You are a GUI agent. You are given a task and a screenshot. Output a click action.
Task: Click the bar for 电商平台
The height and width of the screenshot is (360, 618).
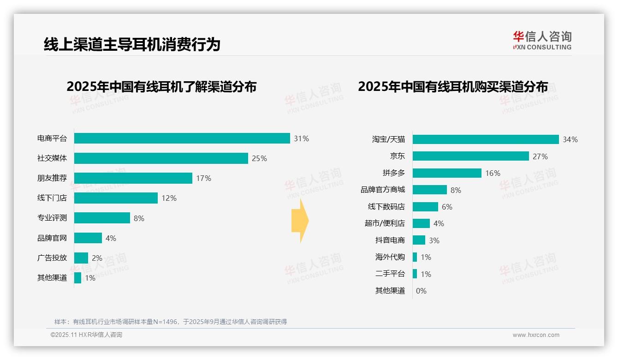click(182, 138)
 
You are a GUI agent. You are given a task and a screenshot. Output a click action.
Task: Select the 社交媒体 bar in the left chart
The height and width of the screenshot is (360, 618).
click(161, 158)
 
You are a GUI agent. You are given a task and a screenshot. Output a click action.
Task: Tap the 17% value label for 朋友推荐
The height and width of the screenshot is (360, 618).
click(203, 178)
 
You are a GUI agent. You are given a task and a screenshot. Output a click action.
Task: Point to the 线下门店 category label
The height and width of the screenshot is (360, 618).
click(52, 198)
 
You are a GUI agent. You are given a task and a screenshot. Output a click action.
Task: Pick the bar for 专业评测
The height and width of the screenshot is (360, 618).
click(102, 218)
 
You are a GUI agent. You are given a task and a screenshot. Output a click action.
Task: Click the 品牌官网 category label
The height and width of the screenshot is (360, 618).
click(52, 238)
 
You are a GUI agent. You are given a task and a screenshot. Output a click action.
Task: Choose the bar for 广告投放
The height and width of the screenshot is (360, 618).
click(81, 258)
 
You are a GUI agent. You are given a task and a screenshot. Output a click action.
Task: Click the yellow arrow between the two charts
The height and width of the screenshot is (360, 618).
click(300, 221)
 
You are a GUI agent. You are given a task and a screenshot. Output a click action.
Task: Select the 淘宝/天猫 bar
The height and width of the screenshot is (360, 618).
click(486, 139)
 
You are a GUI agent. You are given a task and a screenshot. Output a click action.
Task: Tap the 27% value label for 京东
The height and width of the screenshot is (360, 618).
click(540, 156)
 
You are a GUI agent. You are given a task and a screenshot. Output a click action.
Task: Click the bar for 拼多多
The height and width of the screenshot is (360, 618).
click(447, 173)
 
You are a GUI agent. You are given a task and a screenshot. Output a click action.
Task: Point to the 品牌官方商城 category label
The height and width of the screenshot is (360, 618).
click(383, 190)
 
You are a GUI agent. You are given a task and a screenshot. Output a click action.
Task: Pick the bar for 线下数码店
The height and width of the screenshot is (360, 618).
click(425, 207)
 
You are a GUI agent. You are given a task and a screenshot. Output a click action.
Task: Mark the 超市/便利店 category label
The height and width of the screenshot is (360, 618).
click(385, 223)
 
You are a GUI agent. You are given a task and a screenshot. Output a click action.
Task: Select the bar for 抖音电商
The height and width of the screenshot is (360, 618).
click(419, 240)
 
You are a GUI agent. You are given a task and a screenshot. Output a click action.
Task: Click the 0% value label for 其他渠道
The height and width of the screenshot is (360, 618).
click(421, 291)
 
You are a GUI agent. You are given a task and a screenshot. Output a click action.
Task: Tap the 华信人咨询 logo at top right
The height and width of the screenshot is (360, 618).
click(542, 40)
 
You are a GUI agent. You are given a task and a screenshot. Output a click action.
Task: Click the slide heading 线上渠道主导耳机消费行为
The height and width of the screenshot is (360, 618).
click(132, 44)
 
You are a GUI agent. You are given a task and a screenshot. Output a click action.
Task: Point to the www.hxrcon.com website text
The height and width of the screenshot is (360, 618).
click(536, 335)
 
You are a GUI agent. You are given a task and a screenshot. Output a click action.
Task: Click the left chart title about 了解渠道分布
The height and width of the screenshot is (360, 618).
click(161, 87)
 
